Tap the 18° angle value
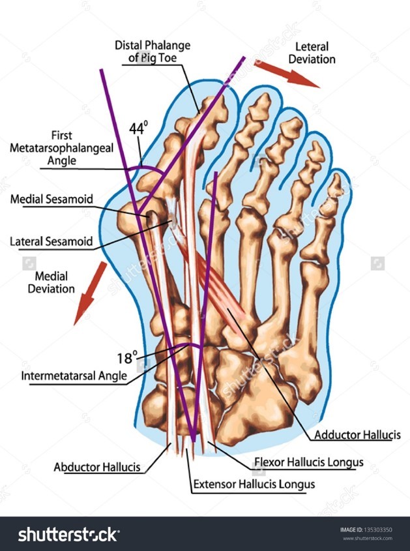click(x=127, y=357)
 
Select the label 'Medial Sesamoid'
click(x=51, y=199)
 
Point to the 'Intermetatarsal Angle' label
click(x=74, y=376)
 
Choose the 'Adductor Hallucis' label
click(x=357, y=434)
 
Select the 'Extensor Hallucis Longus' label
click(x=254, y=484)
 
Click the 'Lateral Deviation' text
click(x=315, y=53)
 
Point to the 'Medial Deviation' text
click(x=51, y=282)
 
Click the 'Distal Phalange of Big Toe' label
click(x=154, y=52)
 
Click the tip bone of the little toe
click(x=336, y=185)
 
